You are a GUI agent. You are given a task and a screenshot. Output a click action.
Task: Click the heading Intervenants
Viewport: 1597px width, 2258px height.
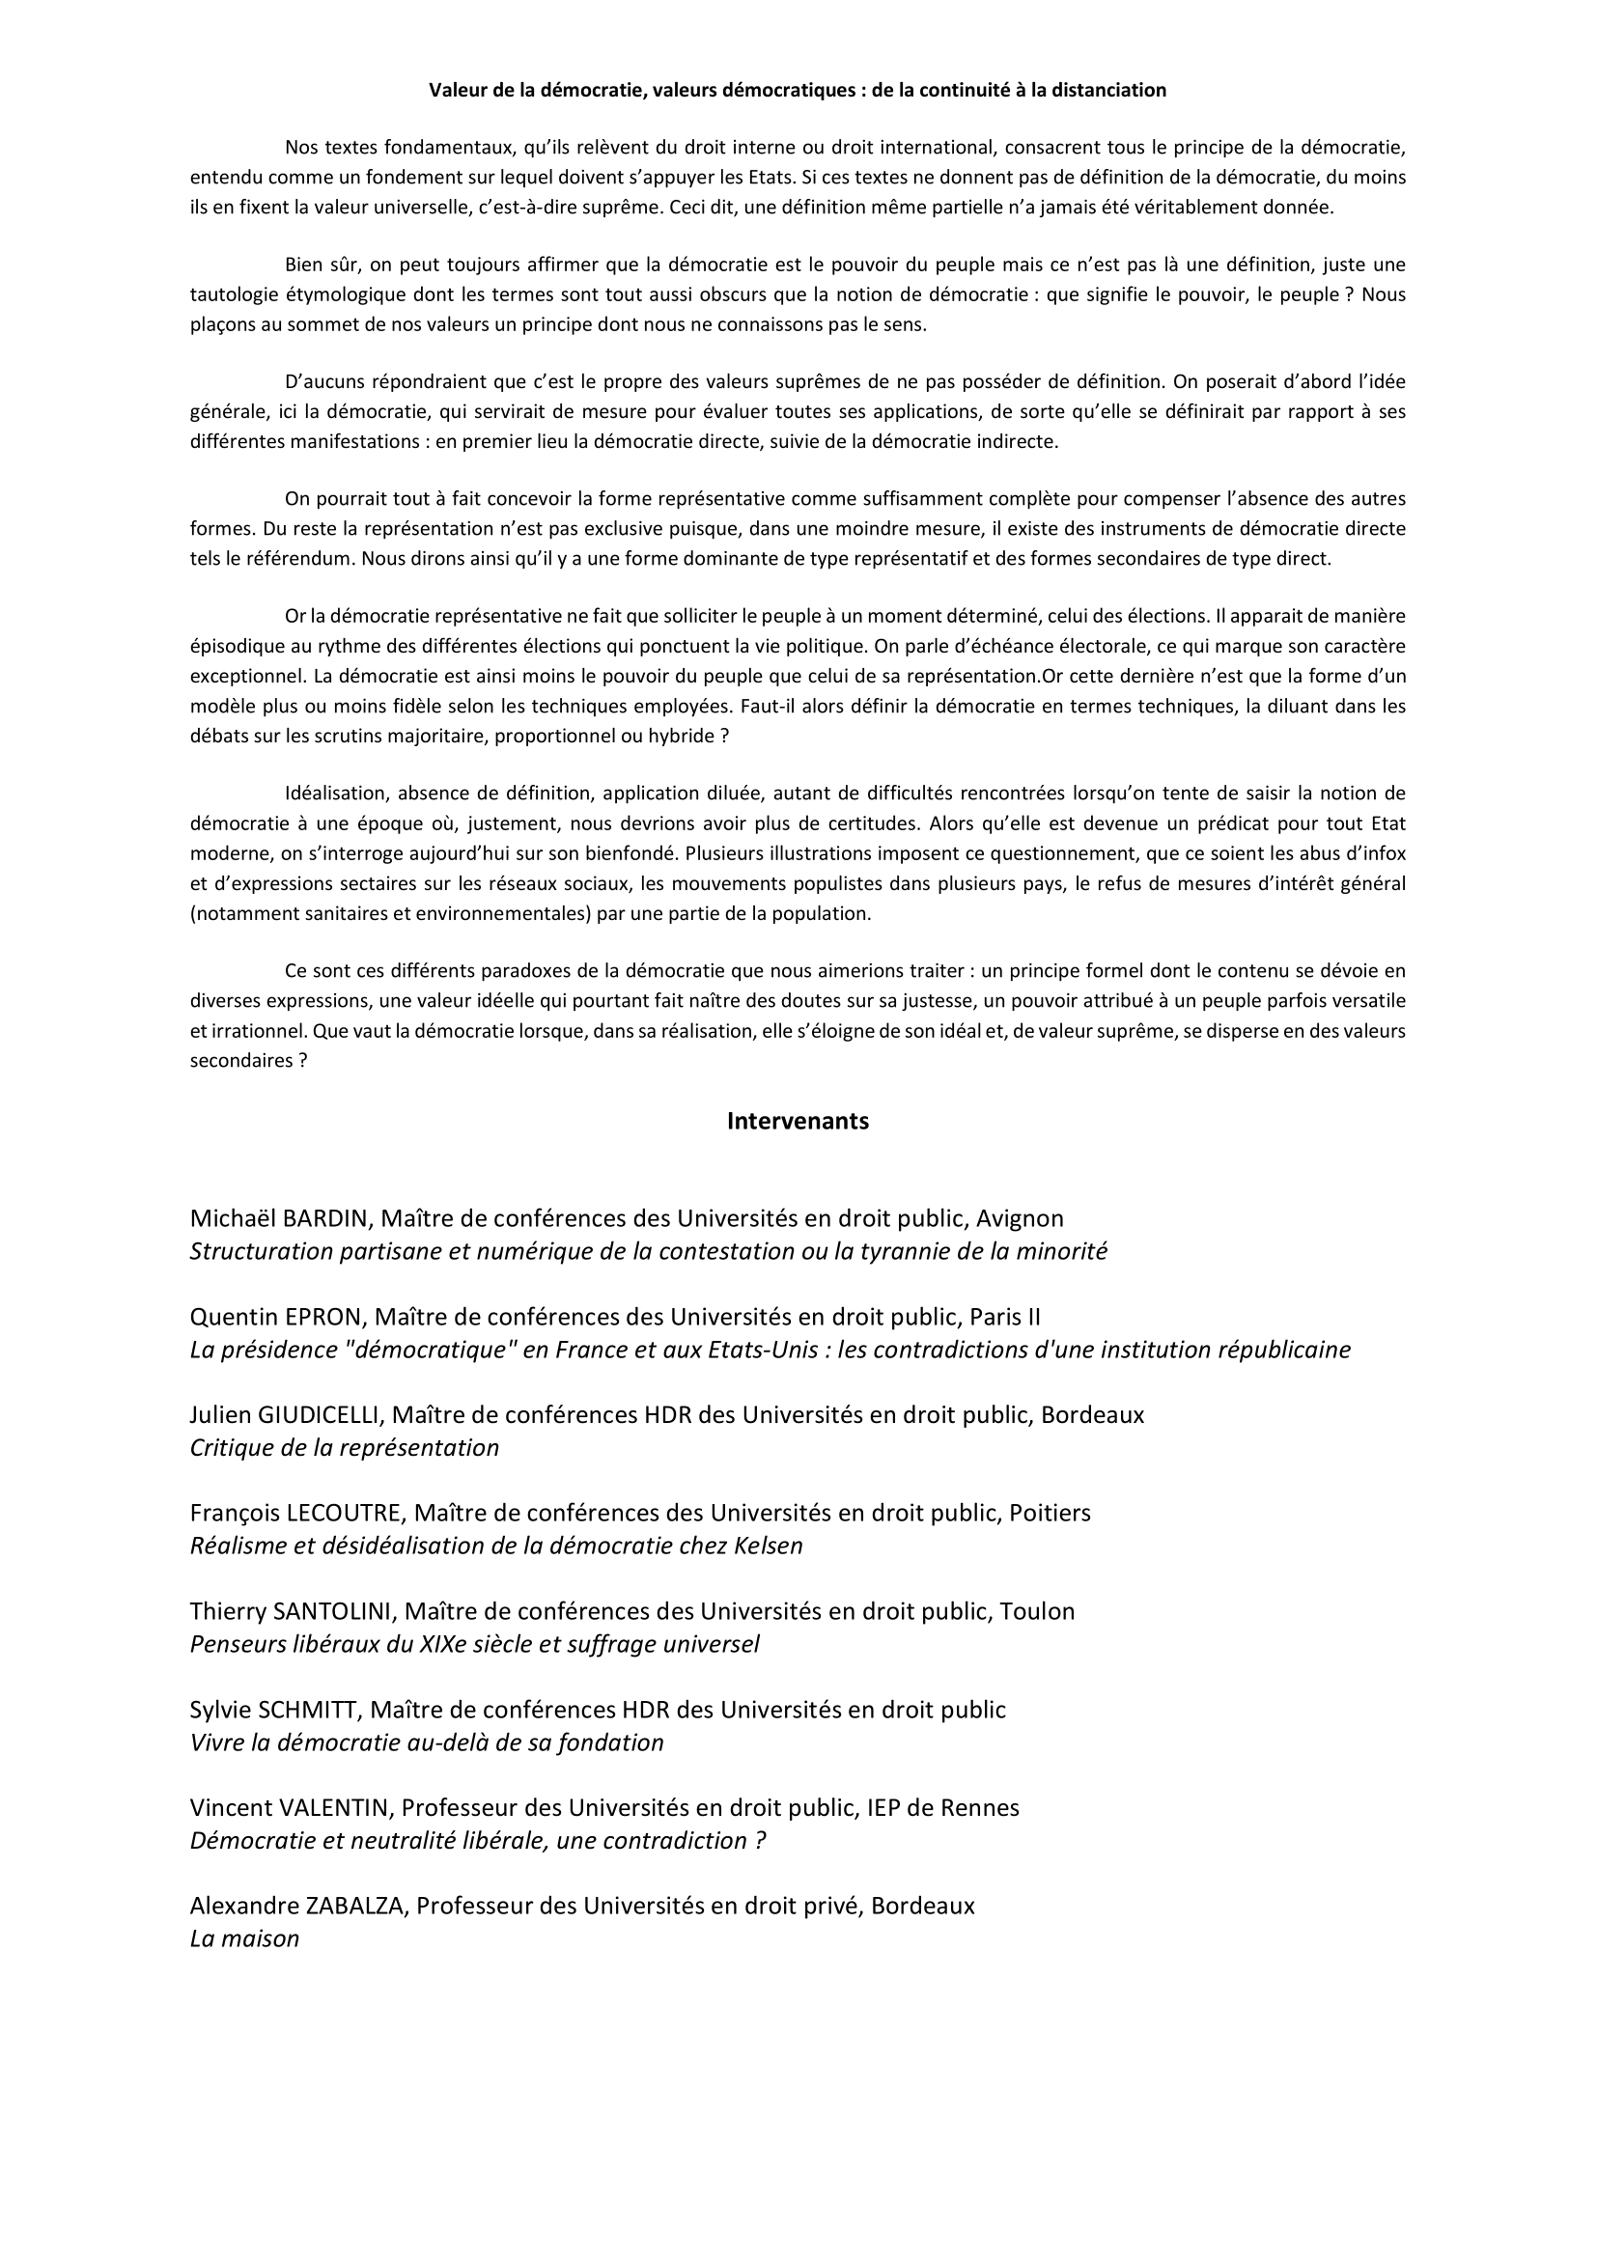point(798,1121)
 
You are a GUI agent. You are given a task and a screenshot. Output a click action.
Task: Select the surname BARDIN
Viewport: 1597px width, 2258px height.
point(324,1218)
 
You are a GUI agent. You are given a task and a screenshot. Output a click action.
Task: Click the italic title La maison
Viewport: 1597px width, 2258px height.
point(244,1939)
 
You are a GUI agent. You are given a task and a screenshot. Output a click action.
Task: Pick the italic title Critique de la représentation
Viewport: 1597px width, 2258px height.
point(344,1448)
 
